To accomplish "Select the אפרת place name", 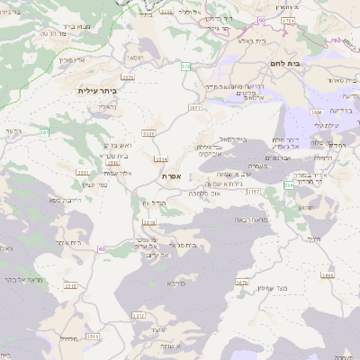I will coord(172,176).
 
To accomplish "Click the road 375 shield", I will coord(185,67).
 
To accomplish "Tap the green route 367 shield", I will coord(44,132).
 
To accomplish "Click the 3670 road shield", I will coord(241,283).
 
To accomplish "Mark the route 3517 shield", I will coord(137,315).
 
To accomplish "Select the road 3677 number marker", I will coord(195,107).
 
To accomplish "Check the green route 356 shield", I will coord(288,184).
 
